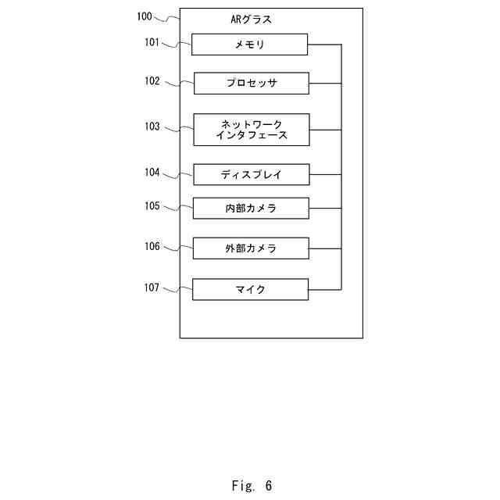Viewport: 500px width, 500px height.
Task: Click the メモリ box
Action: coord(250,45)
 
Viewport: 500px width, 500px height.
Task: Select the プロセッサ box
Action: coord(251,83)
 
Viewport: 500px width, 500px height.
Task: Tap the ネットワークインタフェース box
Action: coord(251,130)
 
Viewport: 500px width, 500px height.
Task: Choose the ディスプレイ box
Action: coord(251,174)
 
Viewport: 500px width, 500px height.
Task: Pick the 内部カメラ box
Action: coord(251,209)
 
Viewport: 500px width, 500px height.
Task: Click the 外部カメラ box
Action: coord(251,248)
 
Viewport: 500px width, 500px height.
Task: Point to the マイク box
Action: coord(251,290)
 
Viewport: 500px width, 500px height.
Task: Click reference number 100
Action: coord(145,16)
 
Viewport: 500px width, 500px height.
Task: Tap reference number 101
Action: coord(152,42)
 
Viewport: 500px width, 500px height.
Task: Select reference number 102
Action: coord(152,80)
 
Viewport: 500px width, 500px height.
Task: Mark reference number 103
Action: coord(152,127)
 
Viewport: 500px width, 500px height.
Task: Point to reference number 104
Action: coord(152,172)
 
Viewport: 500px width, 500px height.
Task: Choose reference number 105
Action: coord(152,206)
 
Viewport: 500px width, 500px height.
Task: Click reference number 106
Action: coord(152,246)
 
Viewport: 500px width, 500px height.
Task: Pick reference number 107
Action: coord(152,287)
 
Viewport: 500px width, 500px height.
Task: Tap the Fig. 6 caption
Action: coord(252,486)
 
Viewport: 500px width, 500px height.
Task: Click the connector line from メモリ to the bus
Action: coord(324,45)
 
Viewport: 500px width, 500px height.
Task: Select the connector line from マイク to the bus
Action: coord(324,290)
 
